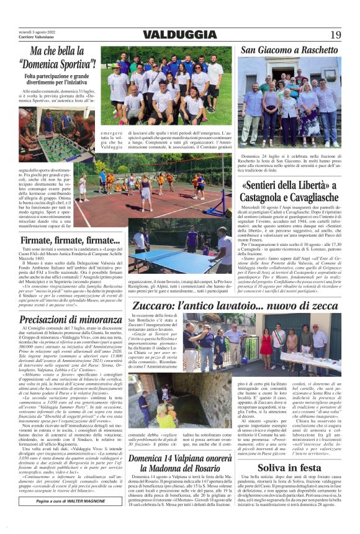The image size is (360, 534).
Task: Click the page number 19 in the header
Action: click(335, 35)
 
